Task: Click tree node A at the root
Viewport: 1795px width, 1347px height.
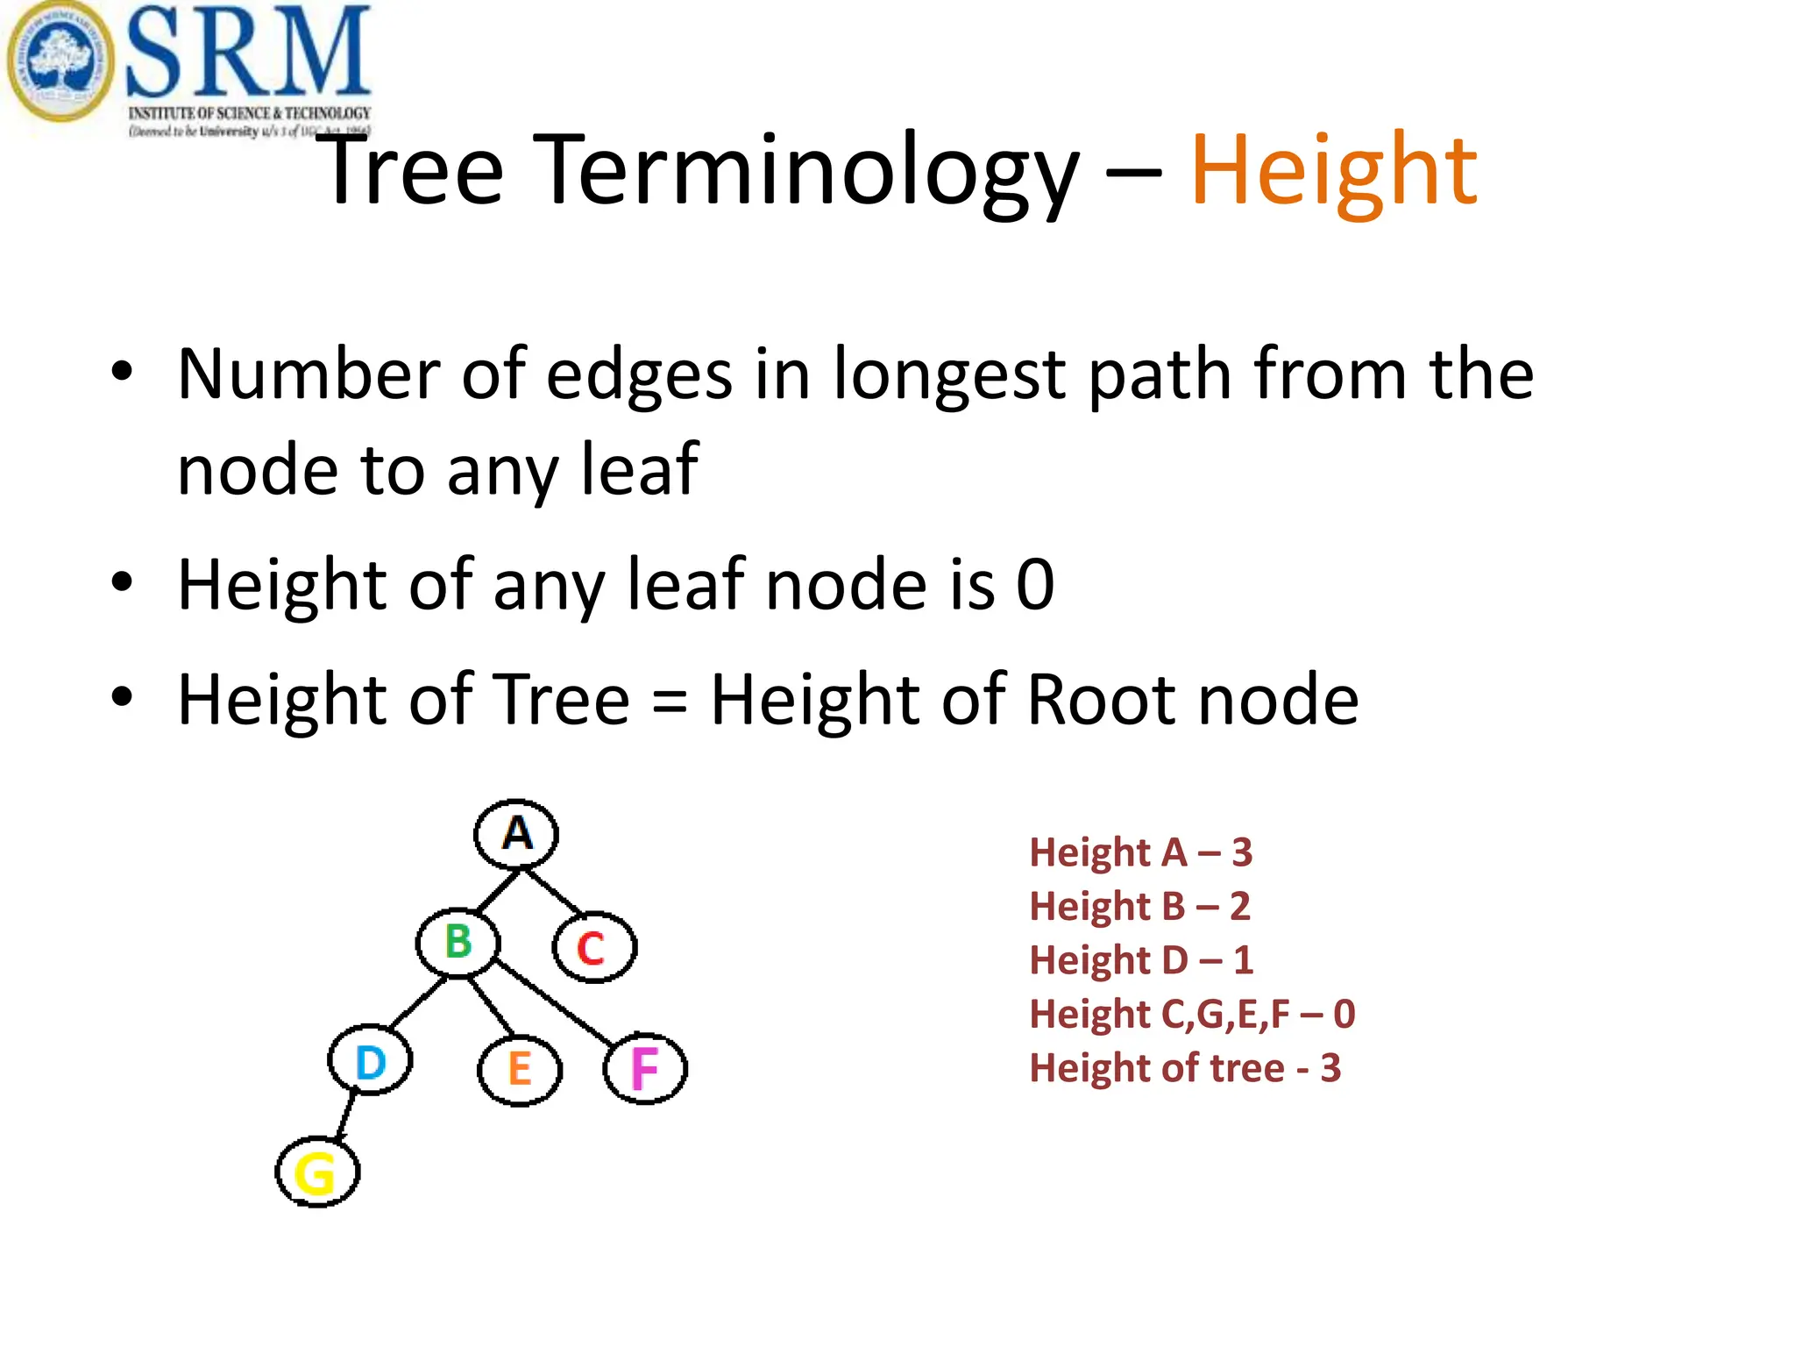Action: coord(516,833)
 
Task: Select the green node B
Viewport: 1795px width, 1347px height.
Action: coord(458,943)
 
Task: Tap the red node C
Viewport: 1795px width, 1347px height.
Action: coord(593,947)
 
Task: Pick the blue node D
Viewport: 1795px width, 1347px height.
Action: coord(370,1061)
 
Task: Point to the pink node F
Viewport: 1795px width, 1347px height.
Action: coord(645,1068)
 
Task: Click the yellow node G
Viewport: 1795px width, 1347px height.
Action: coord(317,1172)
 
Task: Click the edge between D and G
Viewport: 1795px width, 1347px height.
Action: coord(345,1115)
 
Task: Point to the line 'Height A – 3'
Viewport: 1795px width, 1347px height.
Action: coord(1140,852)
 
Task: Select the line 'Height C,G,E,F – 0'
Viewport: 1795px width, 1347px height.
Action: coord(1192,1014)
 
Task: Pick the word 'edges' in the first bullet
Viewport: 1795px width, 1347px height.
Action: coord(639,374)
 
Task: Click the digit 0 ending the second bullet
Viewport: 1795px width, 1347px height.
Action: coord(1035,585)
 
